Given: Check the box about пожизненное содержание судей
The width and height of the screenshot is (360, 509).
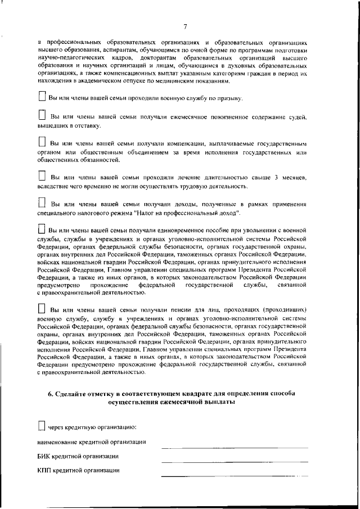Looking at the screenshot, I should (42, 115).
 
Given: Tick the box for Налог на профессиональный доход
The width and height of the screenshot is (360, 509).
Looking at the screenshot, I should (42, 203).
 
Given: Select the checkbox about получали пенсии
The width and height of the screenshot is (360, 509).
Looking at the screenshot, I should (42, 309).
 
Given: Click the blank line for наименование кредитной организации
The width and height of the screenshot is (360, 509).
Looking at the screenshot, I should (235, 447).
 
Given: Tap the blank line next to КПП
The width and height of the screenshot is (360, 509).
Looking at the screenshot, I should (235, 476).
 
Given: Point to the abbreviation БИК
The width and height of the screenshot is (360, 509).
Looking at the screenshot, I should (44, 456).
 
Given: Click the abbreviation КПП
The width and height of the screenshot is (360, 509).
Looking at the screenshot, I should (45, 470).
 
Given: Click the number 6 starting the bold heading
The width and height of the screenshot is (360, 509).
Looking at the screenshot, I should (50, 394).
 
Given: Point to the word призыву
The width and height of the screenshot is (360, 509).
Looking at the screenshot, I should (228, 98).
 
